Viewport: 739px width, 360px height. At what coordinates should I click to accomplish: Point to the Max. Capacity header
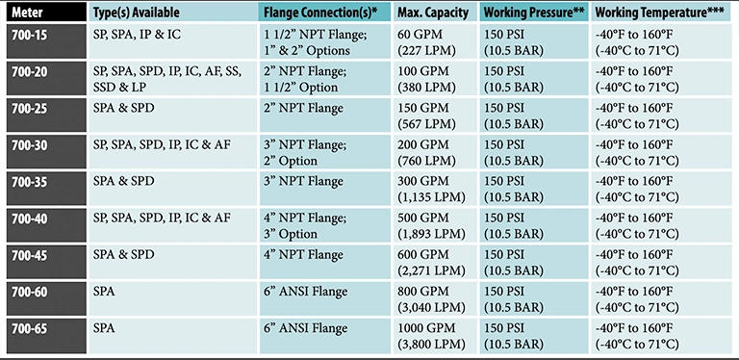[431, 13]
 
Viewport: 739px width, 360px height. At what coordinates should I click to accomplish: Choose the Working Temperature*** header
[659, 13]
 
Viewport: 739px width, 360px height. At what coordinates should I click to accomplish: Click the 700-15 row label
[29, 35]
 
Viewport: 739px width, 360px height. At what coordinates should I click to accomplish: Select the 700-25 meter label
[29, 108]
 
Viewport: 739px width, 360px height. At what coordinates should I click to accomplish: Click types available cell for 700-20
[170, 79]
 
